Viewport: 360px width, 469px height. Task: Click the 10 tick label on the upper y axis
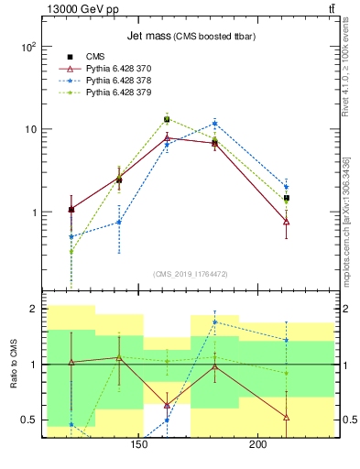(30, 129)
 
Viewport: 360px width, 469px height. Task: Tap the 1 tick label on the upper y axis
(35, 213)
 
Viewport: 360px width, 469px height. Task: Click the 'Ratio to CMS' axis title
(12, 365)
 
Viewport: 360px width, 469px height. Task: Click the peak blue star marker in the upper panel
(214, 123)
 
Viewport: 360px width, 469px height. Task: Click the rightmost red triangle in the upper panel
(287, 222)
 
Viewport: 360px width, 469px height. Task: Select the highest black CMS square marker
(167, 119)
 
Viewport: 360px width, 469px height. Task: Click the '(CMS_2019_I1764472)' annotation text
(191, 274)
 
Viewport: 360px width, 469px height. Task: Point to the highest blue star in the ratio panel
(214, 322)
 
